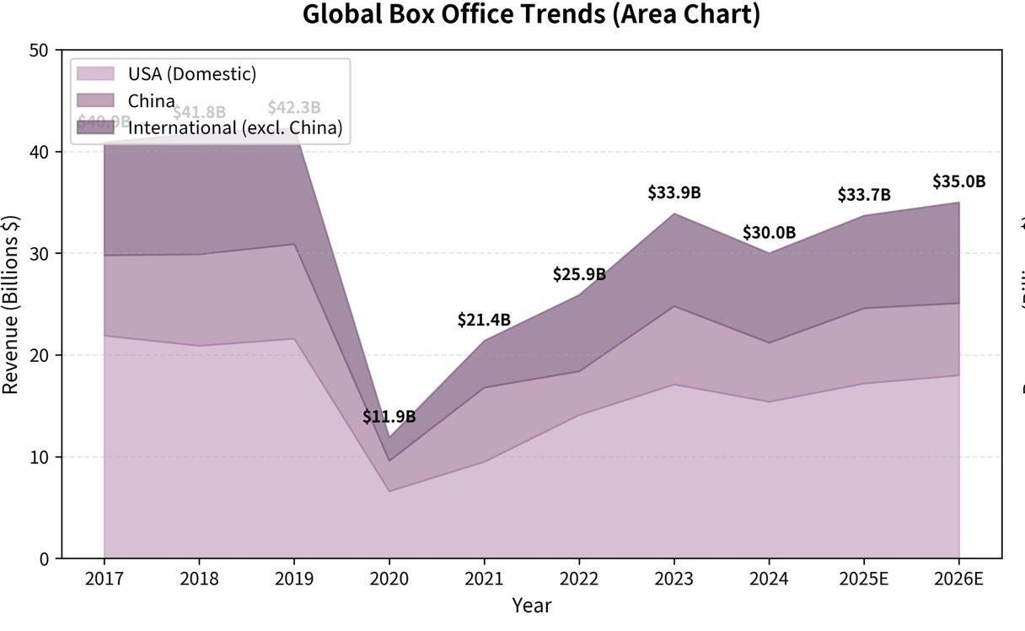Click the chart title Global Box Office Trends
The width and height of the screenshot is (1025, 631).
pos(531,15)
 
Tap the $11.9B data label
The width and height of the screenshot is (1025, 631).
pos(389,417)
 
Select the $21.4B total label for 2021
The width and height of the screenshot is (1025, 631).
pos(484,320)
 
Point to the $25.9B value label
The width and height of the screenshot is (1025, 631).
pos(579,274)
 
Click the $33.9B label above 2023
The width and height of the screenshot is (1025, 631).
pos(674,192)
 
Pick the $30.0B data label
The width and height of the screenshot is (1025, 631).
pos(769,233)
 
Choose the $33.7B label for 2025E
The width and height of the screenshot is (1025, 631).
pos(864,195)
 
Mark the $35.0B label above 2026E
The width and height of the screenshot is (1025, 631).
pos(958,181)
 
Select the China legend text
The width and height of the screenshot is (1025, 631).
pos(152,101)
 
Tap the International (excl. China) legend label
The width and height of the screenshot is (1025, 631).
pos(235,127)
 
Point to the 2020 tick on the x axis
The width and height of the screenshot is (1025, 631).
pos(389,579)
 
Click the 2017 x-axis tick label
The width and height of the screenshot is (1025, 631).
pos(104,579)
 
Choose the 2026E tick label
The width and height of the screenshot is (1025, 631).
pos(958,579)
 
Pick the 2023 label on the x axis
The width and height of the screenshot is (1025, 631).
pos(674,579)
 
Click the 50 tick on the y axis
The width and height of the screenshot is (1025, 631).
pos(39,51)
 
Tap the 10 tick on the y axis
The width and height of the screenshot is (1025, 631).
pos(39,457)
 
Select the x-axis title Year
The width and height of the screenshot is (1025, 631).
pos(531,606)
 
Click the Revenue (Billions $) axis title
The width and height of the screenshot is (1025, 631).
pos(11,304)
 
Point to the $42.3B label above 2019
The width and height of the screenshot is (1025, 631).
pos(294,108)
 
